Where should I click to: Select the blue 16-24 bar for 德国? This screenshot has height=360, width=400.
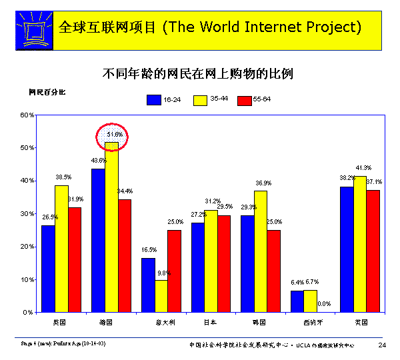click(98, 240)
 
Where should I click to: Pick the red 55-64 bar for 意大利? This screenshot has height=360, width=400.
click(174, 271)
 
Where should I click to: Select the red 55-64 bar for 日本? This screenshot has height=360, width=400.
click(223, 263)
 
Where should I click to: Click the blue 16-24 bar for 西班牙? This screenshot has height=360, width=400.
click(297, 301)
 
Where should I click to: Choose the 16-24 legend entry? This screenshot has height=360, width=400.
click(164, 99)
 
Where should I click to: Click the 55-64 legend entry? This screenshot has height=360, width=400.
click(254, 99)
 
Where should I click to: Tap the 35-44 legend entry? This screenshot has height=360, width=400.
click(210, 99)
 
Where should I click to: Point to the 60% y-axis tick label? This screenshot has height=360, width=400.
click(27, 115)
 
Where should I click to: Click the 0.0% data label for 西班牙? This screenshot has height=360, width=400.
click(324, 304)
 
